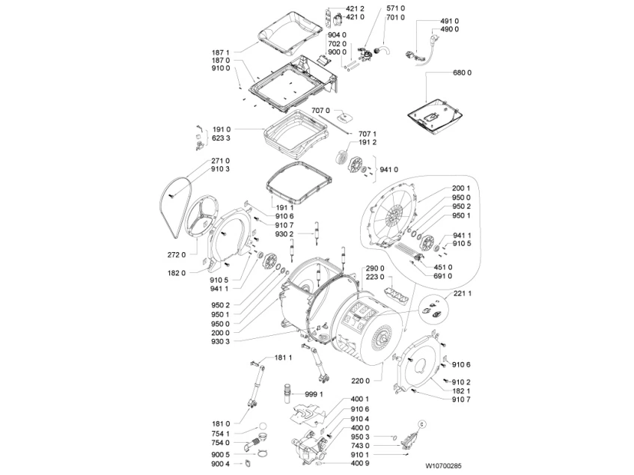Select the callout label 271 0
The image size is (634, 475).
point(220,161)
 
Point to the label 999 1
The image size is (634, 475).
point(314,393)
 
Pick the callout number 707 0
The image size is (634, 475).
point(320,111)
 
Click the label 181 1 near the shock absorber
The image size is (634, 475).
point(283,358)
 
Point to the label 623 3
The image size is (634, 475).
point(220,138)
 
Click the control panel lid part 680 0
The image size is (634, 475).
point(435,114)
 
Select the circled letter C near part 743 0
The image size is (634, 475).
point(420,423)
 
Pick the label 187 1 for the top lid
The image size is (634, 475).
point(220,52)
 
